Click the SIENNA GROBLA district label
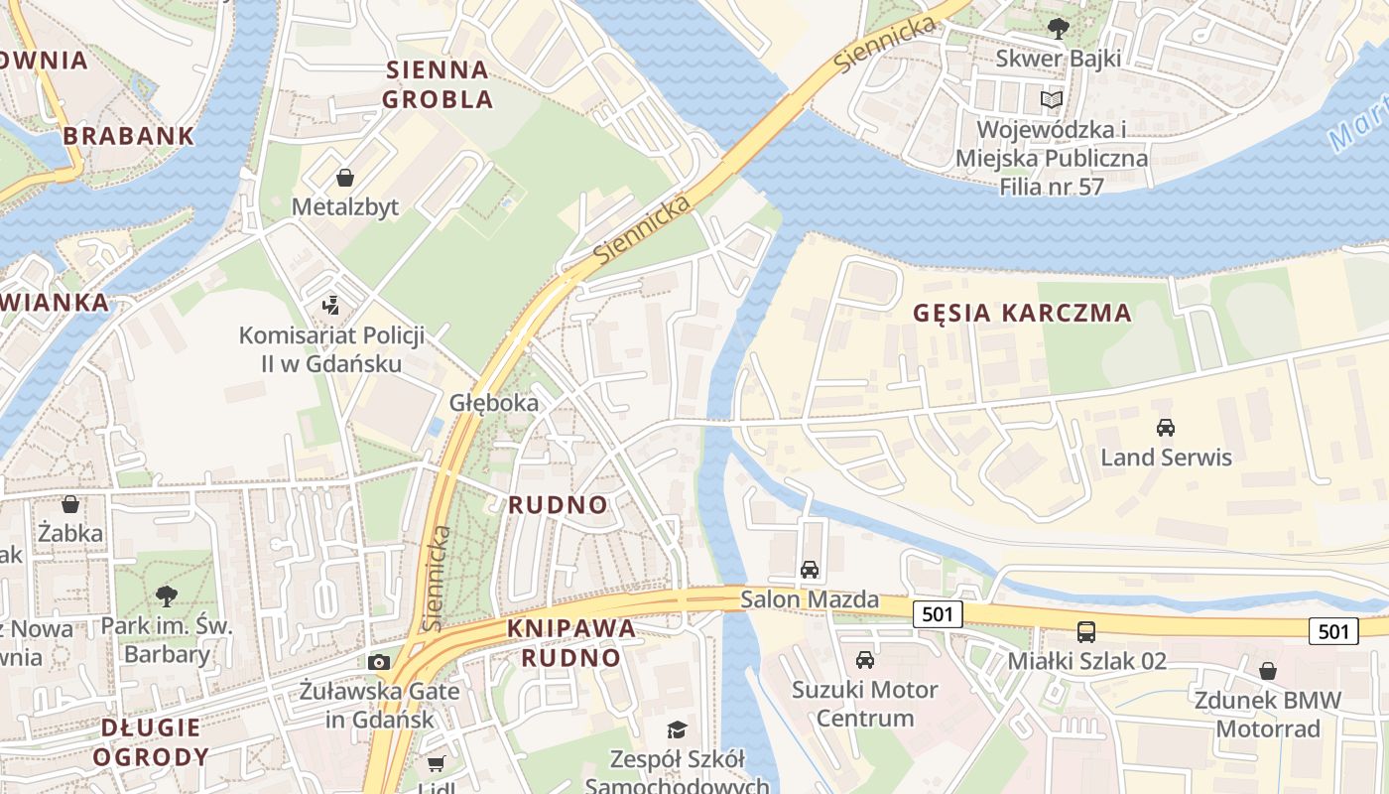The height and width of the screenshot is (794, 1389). tap(438, 84)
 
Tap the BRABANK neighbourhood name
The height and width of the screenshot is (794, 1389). tap(129, 136)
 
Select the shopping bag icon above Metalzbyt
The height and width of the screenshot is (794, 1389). tap(345, 179)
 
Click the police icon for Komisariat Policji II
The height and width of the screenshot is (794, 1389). tap(331, 305)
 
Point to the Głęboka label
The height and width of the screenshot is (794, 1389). tap(494, 402)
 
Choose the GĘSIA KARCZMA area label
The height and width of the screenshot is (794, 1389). tap(1022, 313)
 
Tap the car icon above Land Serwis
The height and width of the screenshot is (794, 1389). tap(1166, 428)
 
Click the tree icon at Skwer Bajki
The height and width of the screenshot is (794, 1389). tap(1058, 29)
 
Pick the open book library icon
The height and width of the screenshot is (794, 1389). tap(1052, 99)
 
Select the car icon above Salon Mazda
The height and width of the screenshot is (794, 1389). tap(810, 570)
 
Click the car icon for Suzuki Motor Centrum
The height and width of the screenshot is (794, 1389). tap(865, 660)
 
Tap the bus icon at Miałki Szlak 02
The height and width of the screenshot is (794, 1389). tap(1086, 631)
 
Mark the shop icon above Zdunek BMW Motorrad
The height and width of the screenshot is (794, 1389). tap(1268, 671)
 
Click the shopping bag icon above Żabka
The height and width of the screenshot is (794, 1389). tap(70, 504)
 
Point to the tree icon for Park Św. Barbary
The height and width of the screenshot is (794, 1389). tap(167, 596)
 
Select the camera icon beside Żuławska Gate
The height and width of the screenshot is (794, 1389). tap(378, 662)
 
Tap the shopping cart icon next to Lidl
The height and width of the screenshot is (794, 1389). tap(436, 763)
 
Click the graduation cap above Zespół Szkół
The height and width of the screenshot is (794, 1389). tap(677, 730)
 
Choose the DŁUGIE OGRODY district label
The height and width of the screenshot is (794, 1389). tap(150, 741)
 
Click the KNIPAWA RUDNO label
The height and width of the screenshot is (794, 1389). tap(571, 642)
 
